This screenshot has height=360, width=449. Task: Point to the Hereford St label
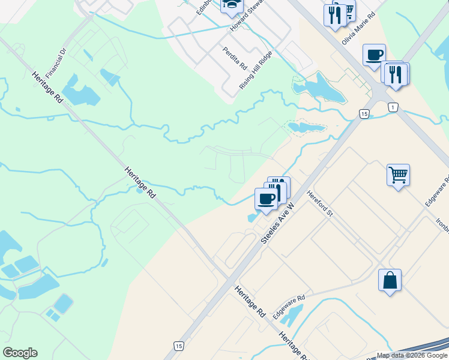pos(319,204)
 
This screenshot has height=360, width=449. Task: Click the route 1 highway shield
pos(393,107)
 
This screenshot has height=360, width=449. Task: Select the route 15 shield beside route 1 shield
pos(364,113)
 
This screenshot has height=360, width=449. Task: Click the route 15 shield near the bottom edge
pos(178,346)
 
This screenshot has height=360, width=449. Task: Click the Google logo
pos(20,353)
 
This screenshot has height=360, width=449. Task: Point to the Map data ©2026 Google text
pos(412,355)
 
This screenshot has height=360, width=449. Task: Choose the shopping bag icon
pos(390,280)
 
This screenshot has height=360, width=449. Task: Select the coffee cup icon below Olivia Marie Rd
pos(374,55)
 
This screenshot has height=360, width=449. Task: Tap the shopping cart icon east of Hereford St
pos(398,175)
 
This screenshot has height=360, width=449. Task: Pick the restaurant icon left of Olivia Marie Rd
pos(334,14)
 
